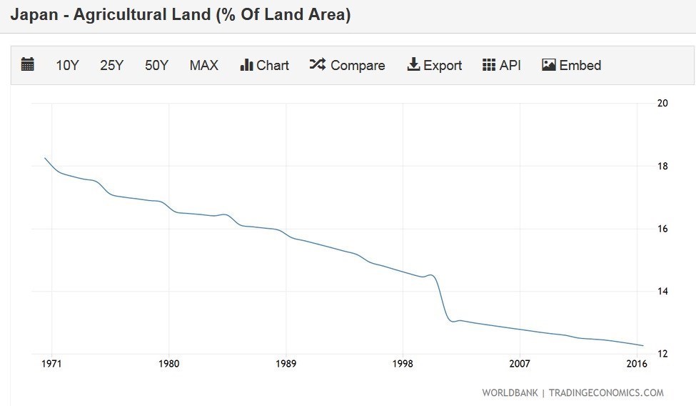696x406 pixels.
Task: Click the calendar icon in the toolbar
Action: tap(28, 65)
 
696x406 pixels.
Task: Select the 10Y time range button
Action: tap(68, 65)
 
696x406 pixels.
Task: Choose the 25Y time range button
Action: tap(112, 65)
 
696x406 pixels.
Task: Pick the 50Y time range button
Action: tap(156, 65)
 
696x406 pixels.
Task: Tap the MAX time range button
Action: tap(204, 65)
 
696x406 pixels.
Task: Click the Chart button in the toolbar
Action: tap(265, 65)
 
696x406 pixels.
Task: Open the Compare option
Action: tap(347, 65)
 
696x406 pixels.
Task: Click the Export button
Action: tap(435, 65)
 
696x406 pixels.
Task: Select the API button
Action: tap(502, 65)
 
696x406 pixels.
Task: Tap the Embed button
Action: tap(571, 65)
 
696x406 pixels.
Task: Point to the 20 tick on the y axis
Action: tap(662, 103)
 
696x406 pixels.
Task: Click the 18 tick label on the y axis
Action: tap(662, 166)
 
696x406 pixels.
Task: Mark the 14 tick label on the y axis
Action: tap(662, 292)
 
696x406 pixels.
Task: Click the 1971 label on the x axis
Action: tap(51, 364)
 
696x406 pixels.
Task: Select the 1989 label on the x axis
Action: tap(286, 364)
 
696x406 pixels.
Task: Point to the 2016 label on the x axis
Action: tap(637, 364)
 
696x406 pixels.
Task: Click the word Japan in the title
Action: tap(34, 14)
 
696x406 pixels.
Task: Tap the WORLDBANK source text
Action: tap(510, 392)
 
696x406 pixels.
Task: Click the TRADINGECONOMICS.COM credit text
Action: tap(606, 392)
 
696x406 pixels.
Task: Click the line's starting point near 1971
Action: tap(45, 158)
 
